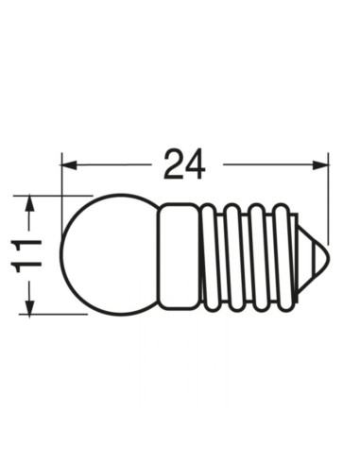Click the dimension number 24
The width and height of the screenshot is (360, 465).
[x=184, y=164]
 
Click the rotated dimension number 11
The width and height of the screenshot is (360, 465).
[x=29, y=255]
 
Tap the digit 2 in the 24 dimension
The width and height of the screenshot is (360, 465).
[x=173, y=164]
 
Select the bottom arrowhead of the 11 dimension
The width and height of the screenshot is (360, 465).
[x=29, y=309]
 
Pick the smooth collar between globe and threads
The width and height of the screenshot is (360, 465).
[x=178, y=255]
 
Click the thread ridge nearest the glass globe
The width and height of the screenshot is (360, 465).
[x=210, y=255]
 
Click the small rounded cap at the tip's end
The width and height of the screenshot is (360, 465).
[x=326, y=255]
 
